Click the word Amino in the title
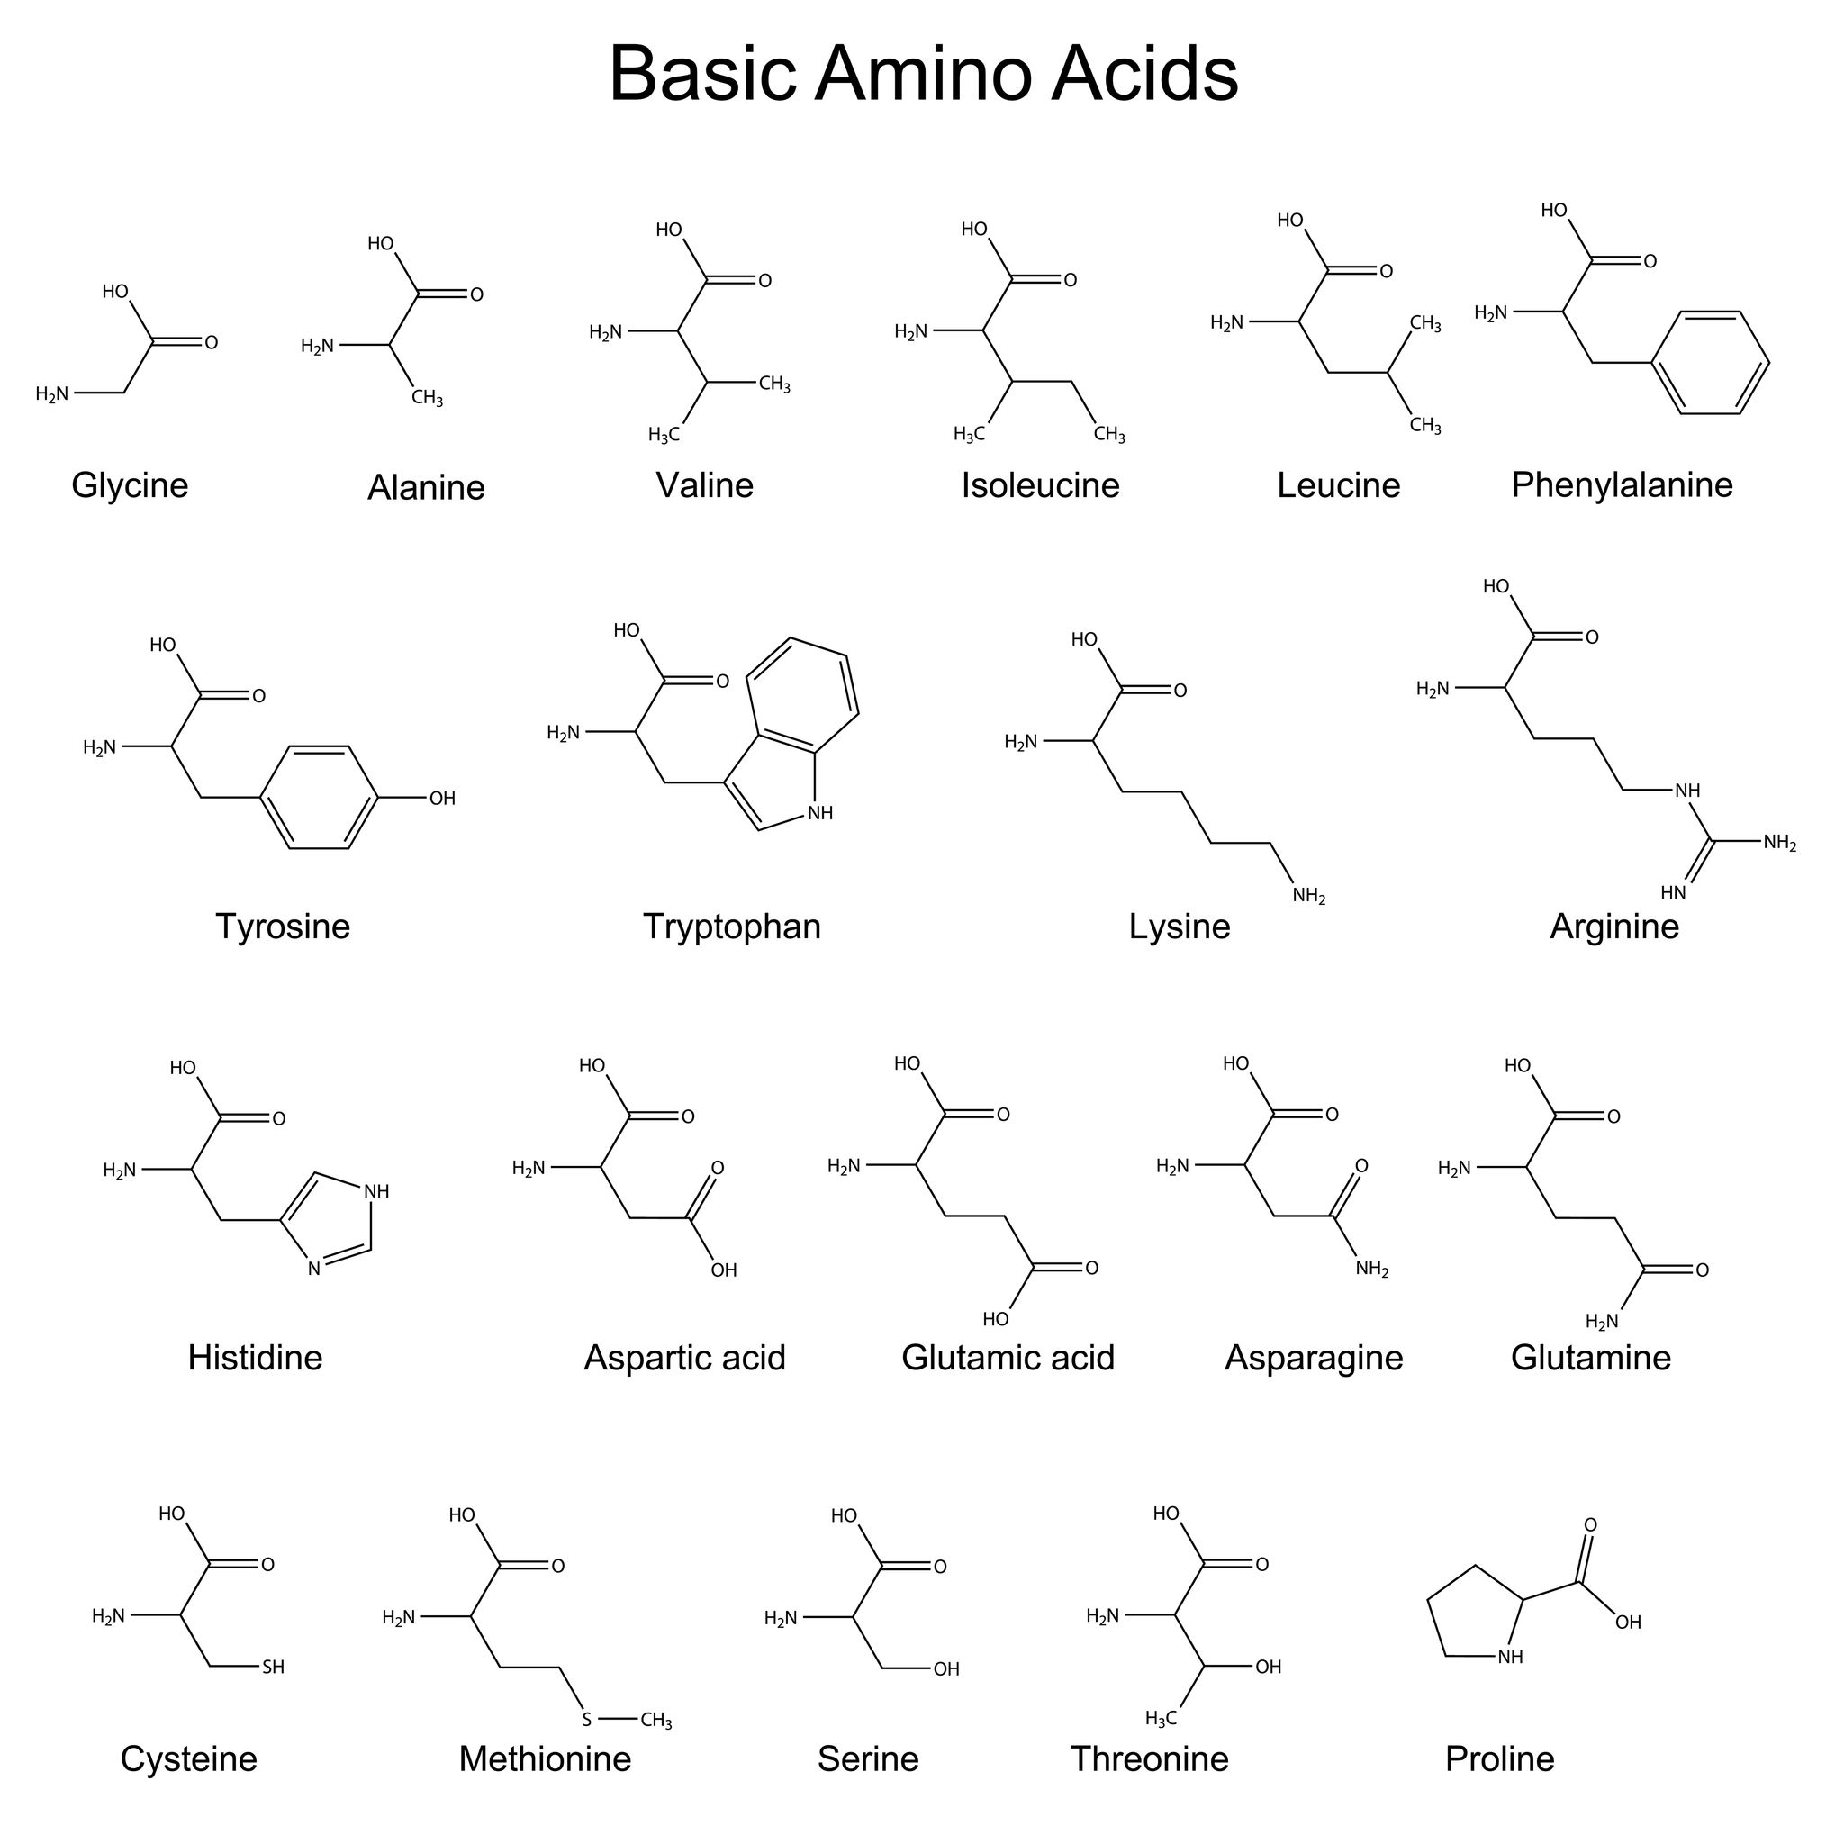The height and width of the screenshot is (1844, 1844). (923, 74)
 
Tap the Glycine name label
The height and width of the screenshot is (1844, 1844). (130, 486)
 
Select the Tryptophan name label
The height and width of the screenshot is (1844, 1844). (731, 927)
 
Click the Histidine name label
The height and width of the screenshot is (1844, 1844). (255, 1357)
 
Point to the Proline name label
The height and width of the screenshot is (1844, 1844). (1499, 1758)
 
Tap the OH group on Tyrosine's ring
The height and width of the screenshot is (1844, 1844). (442, 798)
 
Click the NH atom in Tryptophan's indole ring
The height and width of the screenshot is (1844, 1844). (820, 813)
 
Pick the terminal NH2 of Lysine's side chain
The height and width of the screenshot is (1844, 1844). (1308, 896)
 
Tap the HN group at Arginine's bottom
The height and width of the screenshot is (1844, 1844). (1673, 892)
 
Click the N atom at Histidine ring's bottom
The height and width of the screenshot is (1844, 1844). (314, 1270)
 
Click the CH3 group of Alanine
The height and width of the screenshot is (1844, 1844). (427, 398)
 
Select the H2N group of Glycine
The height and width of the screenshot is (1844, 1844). (52, 394)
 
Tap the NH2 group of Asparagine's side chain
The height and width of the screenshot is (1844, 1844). (1371, 1270)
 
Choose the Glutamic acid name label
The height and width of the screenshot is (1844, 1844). (1008, 1357)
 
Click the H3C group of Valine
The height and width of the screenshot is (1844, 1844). (664, 435)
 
